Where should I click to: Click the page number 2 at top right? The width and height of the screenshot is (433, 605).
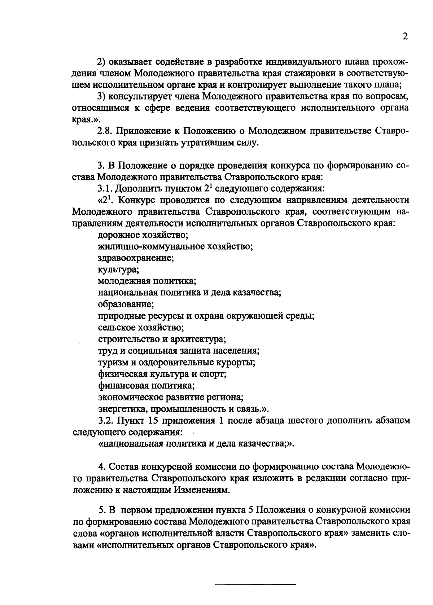[x=405, y=37]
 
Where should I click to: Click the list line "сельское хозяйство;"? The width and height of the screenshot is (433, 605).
[x=141, y=328]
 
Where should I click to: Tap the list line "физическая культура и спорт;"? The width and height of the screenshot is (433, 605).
[x=162, y=374]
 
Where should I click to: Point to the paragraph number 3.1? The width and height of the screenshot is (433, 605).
[x=105, y=189]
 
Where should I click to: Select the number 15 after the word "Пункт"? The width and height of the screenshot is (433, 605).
[x=155, y=420]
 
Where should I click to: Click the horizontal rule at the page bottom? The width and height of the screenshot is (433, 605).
[x=255, y=584]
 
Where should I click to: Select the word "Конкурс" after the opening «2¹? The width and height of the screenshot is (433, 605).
[x=139, y=200]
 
